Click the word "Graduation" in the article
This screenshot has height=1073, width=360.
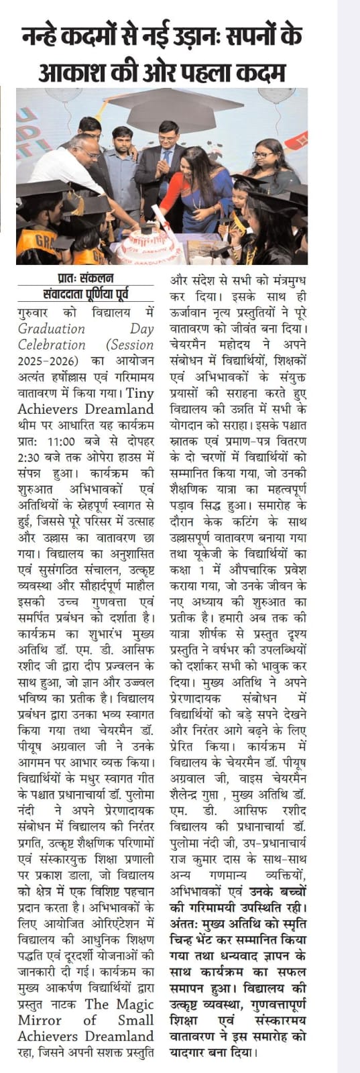coord(52,329)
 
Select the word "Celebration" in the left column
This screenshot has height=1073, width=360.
coord(52,345)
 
